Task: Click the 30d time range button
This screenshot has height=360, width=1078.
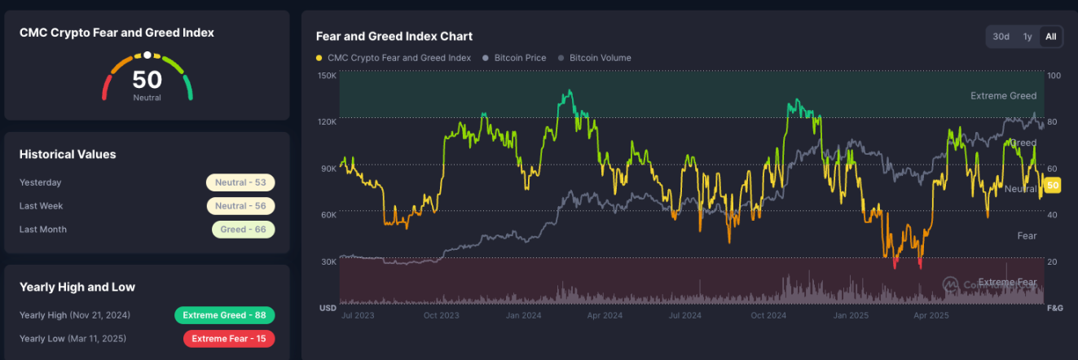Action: [x=1001, y=37]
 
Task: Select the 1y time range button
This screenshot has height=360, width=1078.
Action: [x=1027, y=37]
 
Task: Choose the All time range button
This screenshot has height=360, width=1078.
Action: [x=1051, y=37]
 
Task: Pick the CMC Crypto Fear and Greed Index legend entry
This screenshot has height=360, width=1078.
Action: [x=394, y=58]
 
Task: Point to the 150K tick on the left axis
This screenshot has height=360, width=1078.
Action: [x=327, y=76]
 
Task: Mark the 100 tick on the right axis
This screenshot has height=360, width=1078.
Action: [x=1054, y=76]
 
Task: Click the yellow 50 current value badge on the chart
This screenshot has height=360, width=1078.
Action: [x=1053, y=186]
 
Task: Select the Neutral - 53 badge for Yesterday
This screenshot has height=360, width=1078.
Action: [x=240, y=182]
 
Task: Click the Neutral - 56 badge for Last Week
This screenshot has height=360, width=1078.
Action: [x=240, y=206]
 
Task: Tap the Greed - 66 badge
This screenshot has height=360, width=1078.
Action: [x=243, y=230]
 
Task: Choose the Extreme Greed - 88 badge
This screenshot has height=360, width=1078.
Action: [x=225, y=315]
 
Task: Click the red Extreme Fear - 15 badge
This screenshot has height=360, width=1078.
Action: [x=229, y=339]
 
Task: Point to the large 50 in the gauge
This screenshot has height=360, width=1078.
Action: [x=147, y=80]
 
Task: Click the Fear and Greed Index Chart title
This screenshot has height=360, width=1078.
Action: [x=394, y=37]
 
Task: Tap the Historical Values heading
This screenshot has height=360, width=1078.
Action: [x=68, y=154]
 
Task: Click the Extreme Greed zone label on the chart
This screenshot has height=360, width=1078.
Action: [x=1003, y=96]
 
